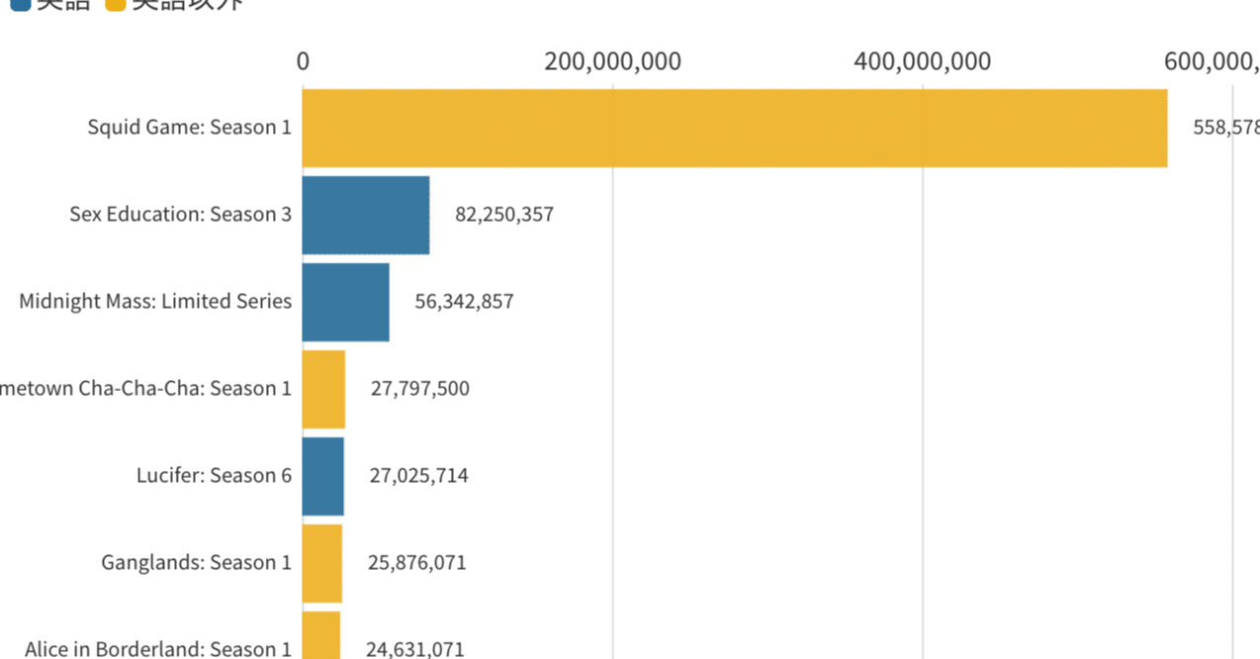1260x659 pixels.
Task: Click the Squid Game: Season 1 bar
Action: click(x=734, y=128)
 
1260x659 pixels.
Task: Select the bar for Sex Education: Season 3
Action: click(x=365, y=215)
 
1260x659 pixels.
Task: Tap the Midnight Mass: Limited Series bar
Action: click(x=345, y=302)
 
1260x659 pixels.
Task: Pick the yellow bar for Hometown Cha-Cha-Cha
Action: click(x=323, y=389)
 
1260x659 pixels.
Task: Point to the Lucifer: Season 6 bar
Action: click(x=322, y=476)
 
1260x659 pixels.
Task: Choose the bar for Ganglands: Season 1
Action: click(x=321, y=563)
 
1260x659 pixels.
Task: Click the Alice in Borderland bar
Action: click(x=320, y=636)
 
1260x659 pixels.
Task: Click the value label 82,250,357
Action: click(x=504, y=215)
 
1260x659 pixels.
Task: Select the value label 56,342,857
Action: click(x=464, y=302)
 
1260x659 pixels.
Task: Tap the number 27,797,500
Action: click(x=420, y=389)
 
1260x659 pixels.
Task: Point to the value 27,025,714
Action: click(x=419, y=476)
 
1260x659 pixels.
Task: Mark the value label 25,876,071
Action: click(x=417, y=563)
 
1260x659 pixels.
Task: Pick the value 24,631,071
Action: click(x=415, y=649)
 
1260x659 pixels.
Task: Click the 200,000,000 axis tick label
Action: click(x=612, y=61)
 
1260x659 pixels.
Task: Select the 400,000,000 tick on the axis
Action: click(x=923, y=61)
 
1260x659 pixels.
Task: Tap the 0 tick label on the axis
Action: click(x=303, y=61)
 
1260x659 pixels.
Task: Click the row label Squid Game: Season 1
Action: click(x=189, y=128)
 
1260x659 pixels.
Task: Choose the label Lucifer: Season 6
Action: click(x=214, y=476)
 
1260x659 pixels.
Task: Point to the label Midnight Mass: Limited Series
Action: click(x=155, y=302)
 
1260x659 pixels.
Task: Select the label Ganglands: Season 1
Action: click(x=196, y=563)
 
